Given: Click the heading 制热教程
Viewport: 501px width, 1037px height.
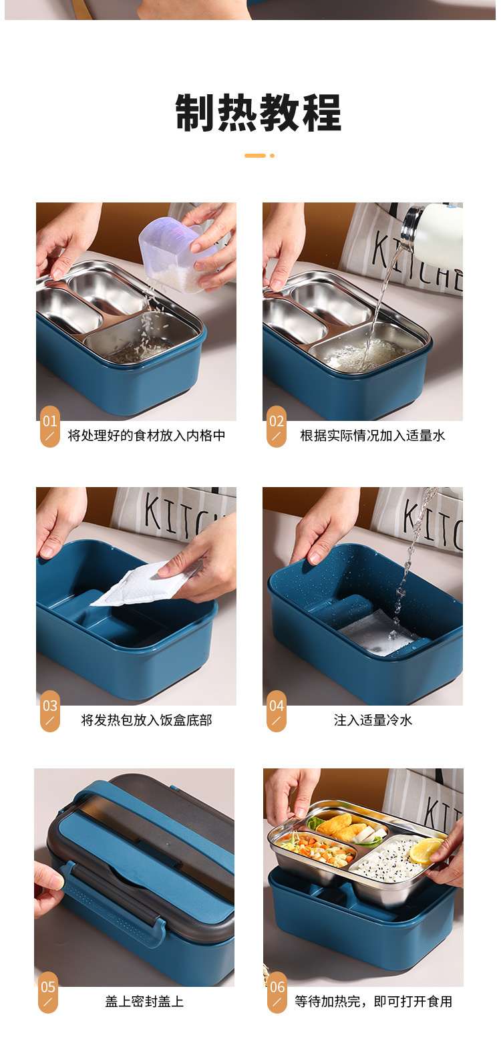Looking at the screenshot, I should click(x=258, y=112).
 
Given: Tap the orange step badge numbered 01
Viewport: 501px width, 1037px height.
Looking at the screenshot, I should click(x=50, y=427).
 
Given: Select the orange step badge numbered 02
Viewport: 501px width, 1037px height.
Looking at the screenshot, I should click(x=277, y=427).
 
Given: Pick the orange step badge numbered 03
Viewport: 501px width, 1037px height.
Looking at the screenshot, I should click(x=50, y=712).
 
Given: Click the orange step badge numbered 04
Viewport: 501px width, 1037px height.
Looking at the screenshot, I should click(x=277, y=712).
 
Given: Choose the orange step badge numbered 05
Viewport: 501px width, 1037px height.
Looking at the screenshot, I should click(x=48, y=993).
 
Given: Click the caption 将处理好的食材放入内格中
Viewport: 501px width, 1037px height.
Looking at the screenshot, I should click(x=146, y=436).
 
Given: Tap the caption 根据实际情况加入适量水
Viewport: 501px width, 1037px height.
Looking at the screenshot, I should click(x=372, y=436).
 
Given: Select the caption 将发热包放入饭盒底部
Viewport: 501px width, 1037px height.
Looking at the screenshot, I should click(x=146, y=720).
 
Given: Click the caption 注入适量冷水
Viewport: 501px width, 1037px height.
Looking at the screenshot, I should click(x=373, y=720).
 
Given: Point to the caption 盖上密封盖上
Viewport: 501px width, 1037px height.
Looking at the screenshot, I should click(x=144, y=1002).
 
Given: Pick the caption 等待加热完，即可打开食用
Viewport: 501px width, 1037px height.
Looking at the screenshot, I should click(x=373, y=1002).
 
